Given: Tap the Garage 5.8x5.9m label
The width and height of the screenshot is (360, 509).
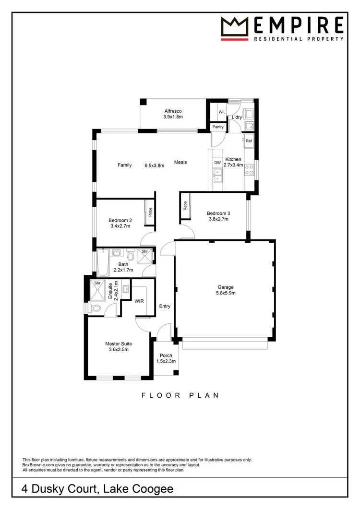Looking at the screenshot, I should tap(226, 287).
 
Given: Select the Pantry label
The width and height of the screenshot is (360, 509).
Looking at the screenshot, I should tap(218, 127).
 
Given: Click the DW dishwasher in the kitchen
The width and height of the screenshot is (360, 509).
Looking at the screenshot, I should tap(217, 163).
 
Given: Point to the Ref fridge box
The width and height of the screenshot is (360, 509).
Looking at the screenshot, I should tap(249, 141).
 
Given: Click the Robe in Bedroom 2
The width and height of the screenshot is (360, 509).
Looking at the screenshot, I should tap(150, 212).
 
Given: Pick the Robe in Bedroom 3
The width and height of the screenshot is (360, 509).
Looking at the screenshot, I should tap(185, 206).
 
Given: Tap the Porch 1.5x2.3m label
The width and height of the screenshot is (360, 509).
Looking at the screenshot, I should tap(166, 355).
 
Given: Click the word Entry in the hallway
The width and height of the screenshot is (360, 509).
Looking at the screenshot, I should tap(165, 306).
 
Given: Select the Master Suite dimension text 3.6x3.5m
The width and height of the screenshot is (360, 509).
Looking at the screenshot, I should tap(119, 350).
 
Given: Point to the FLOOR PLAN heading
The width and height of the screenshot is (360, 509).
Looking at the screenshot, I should tap(180, 395).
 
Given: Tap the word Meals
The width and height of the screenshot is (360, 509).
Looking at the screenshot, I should tap(180, 162).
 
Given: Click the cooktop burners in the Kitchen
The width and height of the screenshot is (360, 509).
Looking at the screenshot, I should tap(250, 169).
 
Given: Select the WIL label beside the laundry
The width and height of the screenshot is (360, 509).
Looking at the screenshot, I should tap(222, 112).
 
